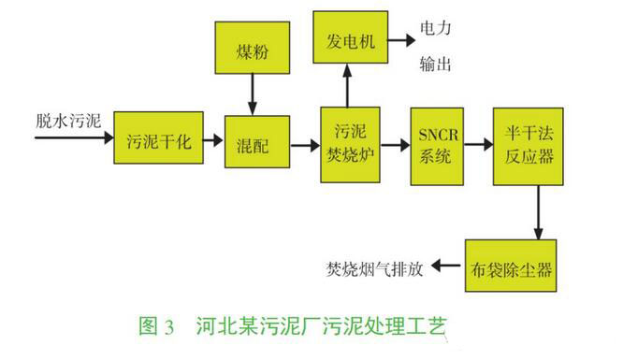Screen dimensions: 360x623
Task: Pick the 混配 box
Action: (250, 145)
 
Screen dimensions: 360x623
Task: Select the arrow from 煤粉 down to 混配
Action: (250, 93)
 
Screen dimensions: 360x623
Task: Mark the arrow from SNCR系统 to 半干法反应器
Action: (482, 144)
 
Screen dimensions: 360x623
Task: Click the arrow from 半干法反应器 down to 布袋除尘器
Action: (538, 212)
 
